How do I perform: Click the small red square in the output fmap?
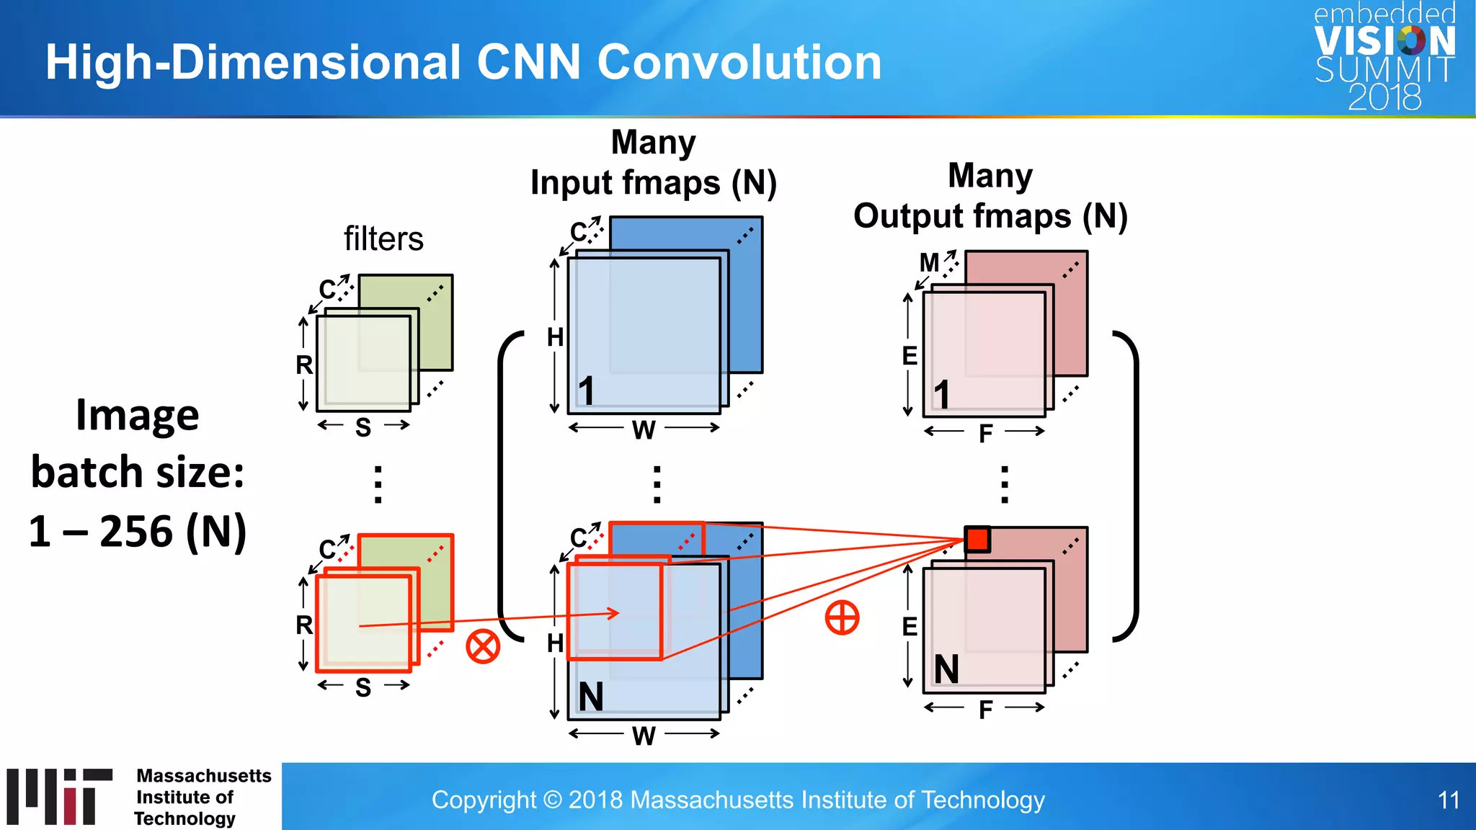tap(977, 539)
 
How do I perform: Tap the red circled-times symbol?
tap(483, 646)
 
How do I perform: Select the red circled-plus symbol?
tap(842, 617)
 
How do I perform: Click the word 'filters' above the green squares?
tap(383, 238)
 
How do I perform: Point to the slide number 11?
tap(1448, 800)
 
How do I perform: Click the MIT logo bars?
tap(59, 796)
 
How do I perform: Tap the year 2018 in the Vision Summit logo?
tap(1384, 97)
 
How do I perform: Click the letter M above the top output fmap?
tap(929, 263)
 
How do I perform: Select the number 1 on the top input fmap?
tap(587, 391)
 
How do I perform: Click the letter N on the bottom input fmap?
tap(591, 697)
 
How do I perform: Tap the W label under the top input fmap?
tap(644, 430)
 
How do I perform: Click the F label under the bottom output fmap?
tap(985, 710)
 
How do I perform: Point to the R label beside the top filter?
tap(304, 365)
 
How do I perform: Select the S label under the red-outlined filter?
tap(363, 687)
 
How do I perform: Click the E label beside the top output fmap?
tap(910, 356)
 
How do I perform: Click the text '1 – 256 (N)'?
tap(138, 531)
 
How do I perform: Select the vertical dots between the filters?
tap(378, 484)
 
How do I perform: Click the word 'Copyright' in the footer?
tap(484, 800)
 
